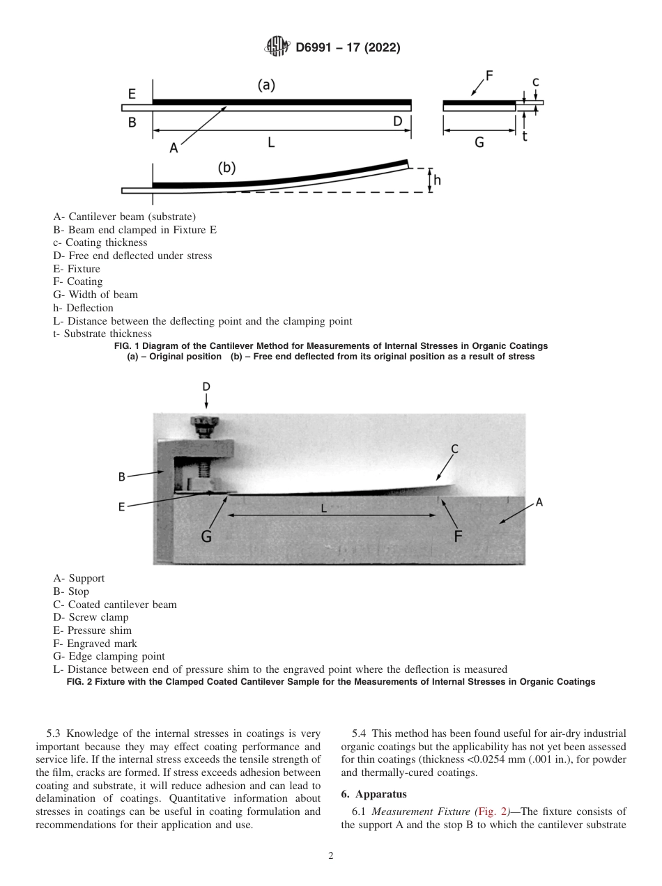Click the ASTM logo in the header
click(x=277, y=47)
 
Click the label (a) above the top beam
click(x=266, y=85)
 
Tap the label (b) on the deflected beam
click(x=226, y=168)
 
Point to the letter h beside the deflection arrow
click(x=437, y=180)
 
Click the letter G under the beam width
click(x=479, y=142)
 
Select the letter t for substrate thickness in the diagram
click(x=524, y=137)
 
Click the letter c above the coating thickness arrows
click(x=535, y=82)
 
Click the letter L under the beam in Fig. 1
click(x=271, y=142)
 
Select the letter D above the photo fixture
click(x=206, y=387)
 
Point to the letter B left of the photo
click(x=121, y=477)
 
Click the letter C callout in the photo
click(x=454, y=449)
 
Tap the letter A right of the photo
click(x=539, y=502)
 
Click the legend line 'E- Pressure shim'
click(x=92, y=630)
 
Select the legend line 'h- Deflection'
click(x=83, y=307)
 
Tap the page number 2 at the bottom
click(x=331, y=856)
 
